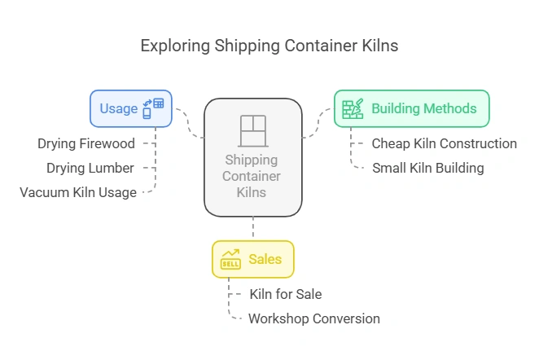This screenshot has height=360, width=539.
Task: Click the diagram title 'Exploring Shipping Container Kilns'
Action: (x=269, y=46)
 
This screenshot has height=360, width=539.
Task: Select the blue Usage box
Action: (x=130, y=108)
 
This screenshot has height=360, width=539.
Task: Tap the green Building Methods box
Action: (x=411, y=108)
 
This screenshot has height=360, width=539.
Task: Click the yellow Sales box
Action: (x=252, y=260)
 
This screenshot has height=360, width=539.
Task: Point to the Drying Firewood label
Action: (x=85, y=143)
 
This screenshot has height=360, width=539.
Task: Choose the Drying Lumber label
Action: (x=90, y=168)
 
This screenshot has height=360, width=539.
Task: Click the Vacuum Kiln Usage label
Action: (x=78, y=192)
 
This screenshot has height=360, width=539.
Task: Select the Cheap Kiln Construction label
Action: (x=444, y=143)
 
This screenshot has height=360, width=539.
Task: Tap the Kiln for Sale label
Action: (x=285, y=294)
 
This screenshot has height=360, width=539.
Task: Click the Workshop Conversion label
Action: (x=313, y=318)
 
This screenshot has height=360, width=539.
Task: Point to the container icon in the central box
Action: (x=252, y=130)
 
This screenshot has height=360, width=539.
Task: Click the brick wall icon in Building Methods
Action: (x=353, y=109)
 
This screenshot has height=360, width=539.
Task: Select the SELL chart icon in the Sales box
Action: (x=230, y=260)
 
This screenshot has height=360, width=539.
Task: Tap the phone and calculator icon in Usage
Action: (x=152, y=108)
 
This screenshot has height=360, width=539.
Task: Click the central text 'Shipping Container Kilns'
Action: (x=252, y=176)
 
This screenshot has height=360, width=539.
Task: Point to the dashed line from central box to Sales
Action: (x=252, y=228)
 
